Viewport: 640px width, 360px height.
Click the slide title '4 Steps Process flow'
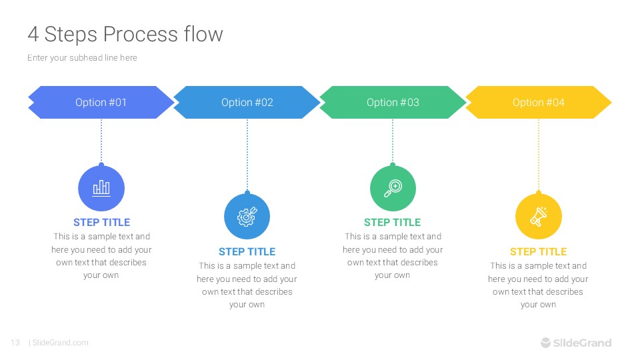click(125, 34)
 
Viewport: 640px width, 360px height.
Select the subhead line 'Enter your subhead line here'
click(82, 58)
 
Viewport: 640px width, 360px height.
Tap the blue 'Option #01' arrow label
click(101, 102)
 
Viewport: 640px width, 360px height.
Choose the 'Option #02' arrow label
click(247, 102)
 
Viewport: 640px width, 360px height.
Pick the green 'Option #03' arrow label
click(393, 102)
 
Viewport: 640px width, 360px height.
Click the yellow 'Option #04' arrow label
click(538, 102)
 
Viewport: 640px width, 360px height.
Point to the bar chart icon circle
click(101, 189)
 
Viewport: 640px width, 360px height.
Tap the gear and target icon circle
click(247, 217)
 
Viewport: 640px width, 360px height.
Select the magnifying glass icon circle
click(393, 189)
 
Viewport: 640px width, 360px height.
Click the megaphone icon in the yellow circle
click(538, 217)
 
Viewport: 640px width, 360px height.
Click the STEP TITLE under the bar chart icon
click(101, 222)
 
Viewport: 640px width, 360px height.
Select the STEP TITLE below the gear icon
click(247, 251)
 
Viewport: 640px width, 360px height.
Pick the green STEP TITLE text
click(393, 222)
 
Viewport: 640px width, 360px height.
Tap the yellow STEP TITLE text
click(538, 251)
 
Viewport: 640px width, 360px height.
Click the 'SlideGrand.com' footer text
click(60, 343)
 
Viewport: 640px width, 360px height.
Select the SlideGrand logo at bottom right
click(575, 343)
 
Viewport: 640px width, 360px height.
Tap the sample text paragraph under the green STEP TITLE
click(393, 255)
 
